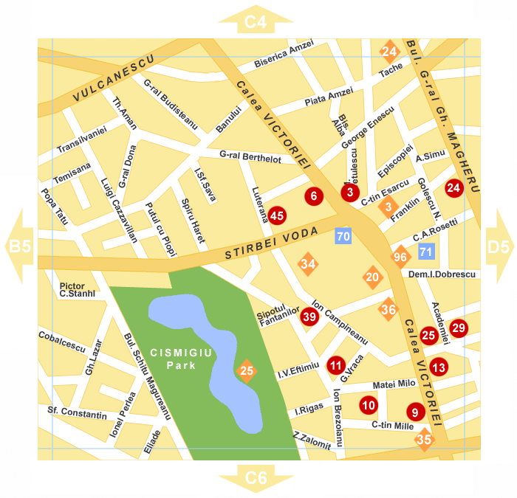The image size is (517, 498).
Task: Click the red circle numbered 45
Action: pyautogui.click(x=277, y=215)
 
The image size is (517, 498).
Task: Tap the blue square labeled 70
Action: pyautogui.click(x=343, y=237)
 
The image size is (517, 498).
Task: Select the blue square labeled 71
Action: pyautogui.click(x=425, y=252)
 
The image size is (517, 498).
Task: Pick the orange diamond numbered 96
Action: pyautogui.click(x=400, y=257)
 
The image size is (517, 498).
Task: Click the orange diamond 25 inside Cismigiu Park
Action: pyautogui.click(x=247, y=370)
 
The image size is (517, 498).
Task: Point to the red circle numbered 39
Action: pyautogui.click(x=309, y=317)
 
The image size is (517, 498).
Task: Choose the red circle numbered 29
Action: pyautogui.click(x=459, y=328)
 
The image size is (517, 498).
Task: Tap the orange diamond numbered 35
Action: pyautogui.click(x=424, y=440)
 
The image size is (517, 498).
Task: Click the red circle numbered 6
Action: pyautogui.click(x=314, y=196)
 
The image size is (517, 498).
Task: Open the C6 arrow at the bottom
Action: pyautogui.click(x=256, y=478)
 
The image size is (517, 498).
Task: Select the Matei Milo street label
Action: pyautogui.click(x=394, y=384)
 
